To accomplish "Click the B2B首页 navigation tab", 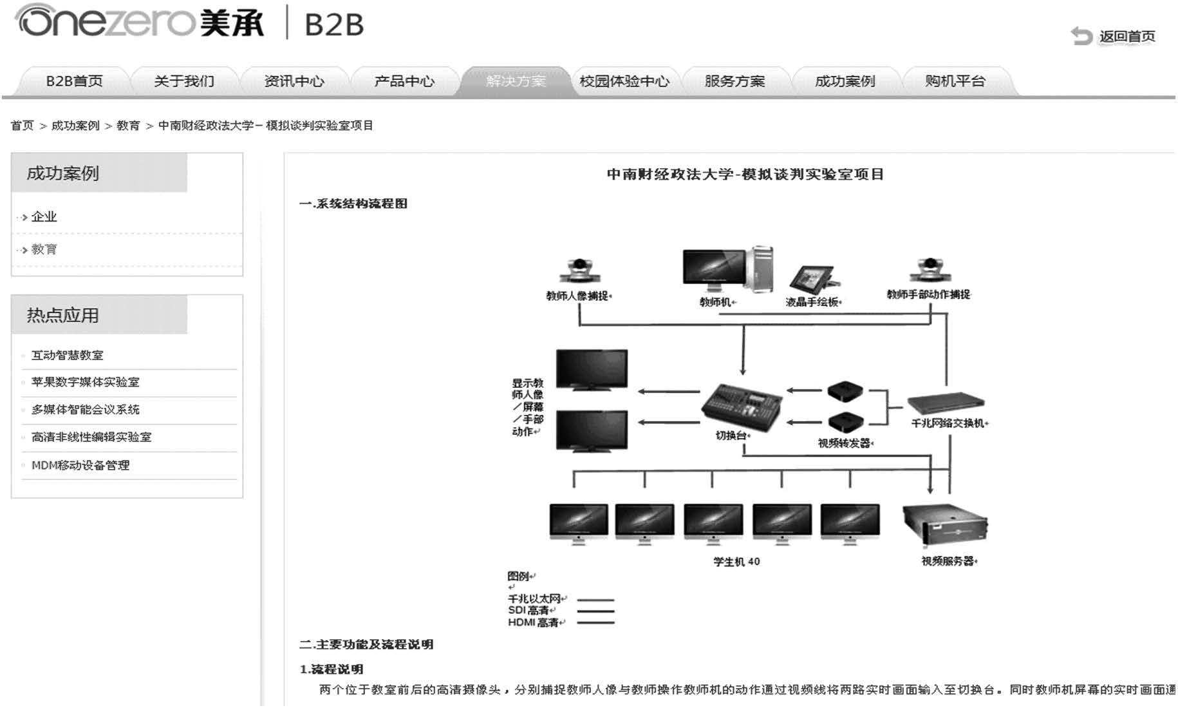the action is click(74, 81).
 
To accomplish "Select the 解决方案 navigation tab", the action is click(516, 81).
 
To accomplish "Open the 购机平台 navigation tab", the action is click(955, 81).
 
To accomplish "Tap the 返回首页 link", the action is click(1126, 37).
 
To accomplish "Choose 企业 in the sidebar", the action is click(44, 217).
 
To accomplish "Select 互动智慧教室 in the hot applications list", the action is click(67, 355).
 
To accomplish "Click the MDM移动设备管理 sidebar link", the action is click(80, 465).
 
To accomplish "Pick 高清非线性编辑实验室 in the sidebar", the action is click(91, 437).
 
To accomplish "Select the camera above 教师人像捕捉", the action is click(580, 271).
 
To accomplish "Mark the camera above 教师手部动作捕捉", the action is click(930, 270).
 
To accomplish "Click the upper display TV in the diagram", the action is click(592, 370).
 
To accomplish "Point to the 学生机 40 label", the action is click(736, 562).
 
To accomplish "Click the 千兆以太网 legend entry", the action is click(534, 598).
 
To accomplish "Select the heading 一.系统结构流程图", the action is click(353, 204).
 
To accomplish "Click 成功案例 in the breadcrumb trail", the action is click(75, 126).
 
